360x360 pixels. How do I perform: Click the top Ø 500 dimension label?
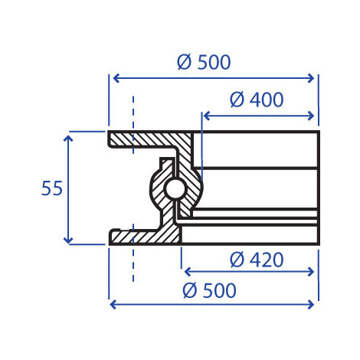pyautogui.click(x=204, y=62)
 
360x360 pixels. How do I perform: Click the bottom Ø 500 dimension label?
pyautogui.click(x=209, y=290)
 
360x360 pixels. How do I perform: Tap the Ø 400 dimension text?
pyautogui.click(x=257, y=100)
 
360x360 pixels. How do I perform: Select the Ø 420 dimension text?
pyautogui.click(x=257, y=260)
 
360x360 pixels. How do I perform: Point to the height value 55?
pyautogui.click(x=52, y=188)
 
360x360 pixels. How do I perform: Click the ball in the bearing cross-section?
pyautogui.click(x=175, y=188)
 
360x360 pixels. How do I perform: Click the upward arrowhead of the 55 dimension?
pyautogui.click(x=68, y=139)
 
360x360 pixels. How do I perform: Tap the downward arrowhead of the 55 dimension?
pyautogui.click(x=68, y=241)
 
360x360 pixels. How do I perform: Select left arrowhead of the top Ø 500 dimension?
pyautogui.click(x=116, y=78)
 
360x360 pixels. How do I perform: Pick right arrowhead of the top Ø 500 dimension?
pyautogui.click(x=311, y=78)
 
